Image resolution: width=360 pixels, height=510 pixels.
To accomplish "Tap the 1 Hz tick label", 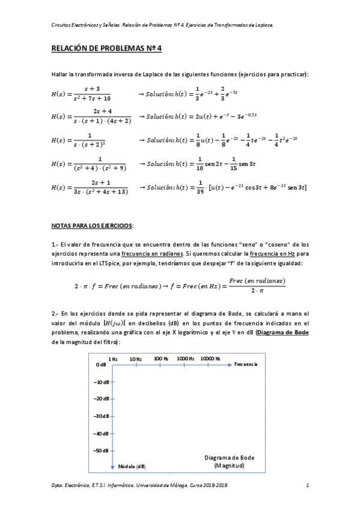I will (x=113, y=358).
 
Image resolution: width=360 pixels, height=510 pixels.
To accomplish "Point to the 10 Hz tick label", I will (x=135, y=358).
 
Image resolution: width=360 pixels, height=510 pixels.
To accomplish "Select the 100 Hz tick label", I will (x=161, y=358).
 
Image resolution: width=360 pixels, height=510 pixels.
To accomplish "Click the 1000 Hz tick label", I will (x=185, y=358).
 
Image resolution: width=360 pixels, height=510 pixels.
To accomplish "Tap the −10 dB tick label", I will (x=101, y=381).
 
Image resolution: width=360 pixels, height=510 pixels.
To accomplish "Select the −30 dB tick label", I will (x=101, y=416).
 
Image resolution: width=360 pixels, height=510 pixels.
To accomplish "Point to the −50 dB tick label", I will (x=101, y=450).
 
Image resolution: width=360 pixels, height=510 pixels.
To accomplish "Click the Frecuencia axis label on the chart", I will (x=246, y=364).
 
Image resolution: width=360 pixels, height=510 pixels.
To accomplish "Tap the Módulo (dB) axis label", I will (x=131, y=467).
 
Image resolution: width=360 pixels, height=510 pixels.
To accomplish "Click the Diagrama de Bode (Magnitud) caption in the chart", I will (x=229, y=461).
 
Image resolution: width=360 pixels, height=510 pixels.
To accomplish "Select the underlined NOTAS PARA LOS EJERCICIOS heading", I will (x=92, y=226).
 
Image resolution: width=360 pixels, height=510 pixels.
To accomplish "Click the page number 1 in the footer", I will (x=307, y=485).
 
